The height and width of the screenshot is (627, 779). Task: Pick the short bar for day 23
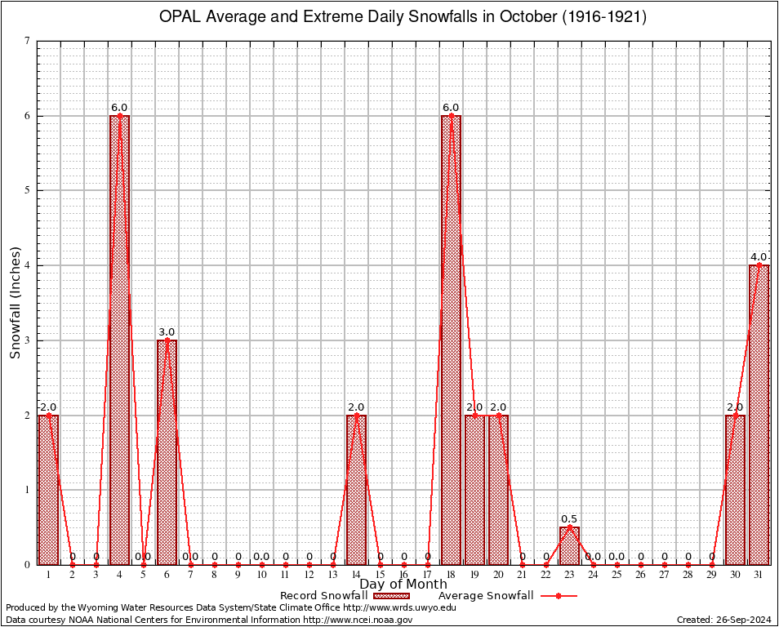[x=569, y=545]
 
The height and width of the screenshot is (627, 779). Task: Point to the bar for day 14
[x=356, y=490]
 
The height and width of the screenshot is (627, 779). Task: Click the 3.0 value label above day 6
[x=167, y=331]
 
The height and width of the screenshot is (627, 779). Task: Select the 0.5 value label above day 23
[x=569, y=518]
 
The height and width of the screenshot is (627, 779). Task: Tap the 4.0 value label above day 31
[x=759, y=257]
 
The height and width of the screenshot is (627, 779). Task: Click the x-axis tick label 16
[x=403, y=575]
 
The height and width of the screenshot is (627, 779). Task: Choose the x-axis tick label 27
[x=664, y=575]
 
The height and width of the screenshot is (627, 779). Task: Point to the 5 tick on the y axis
[x=28, y=190]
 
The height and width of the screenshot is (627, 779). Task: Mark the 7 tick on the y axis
[x=28, y=41]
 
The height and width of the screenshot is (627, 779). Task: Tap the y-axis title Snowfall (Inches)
[x=16, y=302]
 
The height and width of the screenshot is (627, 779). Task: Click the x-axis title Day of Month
[x=403, y=585]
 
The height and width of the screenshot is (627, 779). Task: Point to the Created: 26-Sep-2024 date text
[x=723, y=620]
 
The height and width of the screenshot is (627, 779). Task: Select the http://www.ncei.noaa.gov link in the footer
[x=358, y=620]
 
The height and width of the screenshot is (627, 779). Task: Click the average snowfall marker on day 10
[x=261, y=564]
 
